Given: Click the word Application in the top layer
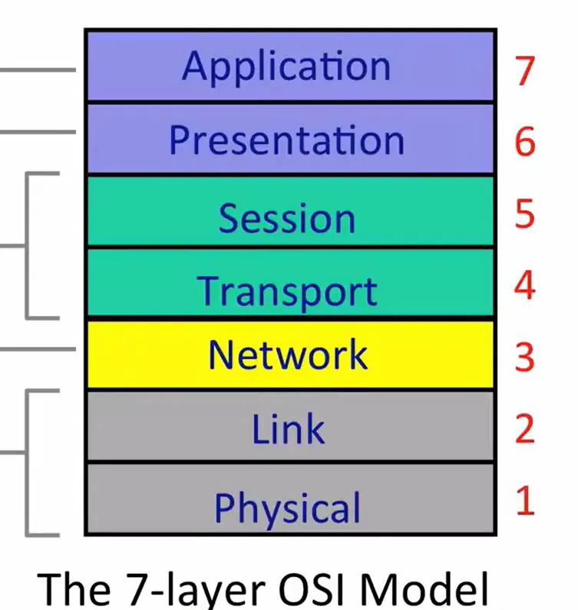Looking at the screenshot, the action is tap(286, 66).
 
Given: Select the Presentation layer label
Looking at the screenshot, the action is tap(287, 140).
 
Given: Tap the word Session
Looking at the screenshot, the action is tap(287, 218).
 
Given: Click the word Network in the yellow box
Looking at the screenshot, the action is tap(288, 354).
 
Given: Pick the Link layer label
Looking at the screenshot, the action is tap(288, 428).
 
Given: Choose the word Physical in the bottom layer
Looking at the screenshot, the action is tap(287, 509).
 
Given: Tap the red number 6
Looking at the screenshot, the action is tap(525, 142).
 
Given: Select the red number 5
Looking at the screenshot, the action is tap(525, 213).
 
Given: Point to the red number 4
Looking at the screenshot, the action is tap(525, 285).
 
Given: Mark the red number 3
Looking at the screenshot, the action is tap(525, 357).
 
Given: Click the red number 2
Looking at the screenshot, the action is tap(525, 428).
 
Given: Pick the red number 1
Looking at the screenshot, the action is tap(526, 500).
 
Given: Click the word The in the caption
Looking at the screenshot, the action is tap(74, 588).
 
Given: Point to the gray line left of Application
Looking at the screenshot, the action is tap(38, 70).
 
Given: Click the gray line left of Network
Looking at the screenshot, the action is tap(38, 349).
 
